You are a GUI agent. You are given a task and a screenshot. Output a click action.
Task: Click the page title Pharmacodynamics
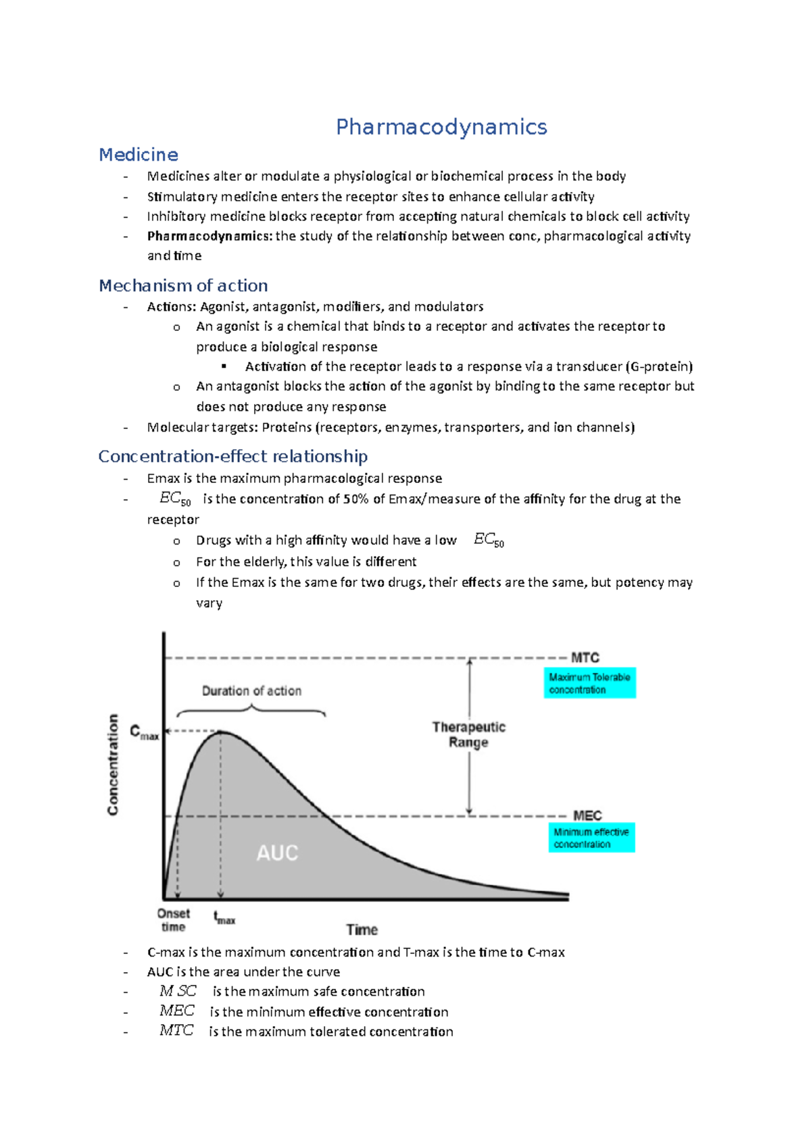click(x=441, y=127)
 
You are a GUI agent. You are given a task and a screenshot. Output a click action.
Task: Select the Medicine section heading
click(x=139, y=155)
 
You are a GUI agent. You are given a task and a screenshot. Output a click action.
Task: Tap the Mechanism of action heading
click(x=183, y=285)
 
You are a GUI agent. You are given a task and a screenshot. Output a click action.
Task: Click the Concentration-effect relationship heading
click(x=233, y=457)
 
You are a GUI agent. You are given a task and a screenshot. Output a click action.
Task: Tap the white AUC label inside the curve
click(x=277, y=852)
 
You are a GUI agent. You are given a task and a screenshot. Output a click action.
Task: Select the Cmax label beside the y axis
click(x=144, y=732)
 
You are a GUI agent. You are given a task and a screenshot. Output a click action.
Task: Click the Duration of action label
click(x=251, y=690)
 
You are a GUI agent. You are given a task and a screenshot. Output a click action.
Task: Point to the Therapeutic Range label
click(x=469, y=734)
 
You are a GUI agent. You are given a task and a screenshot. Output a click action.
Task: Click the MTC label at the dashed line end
click(x=585, y=657)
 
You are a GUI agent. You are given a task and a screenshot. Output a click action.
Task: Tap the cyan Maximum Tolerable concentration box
click(x=589, y=683)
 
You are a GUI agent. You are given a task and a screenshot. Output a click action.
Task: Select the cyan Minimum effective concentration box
click(x=591, y=838)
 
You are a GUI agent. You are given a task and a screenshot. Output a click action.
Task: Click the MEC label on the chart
click(x=587, y=815)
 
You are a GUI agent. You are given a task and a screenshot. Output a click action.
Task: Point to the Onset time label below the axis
click(x=174, y=920)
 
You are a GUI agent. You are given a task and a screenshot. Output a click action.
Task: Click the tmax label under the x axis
click(x=224, y=918)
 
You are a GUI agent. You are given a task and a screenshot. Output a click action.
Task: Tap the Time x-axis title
click(x=362, y=929)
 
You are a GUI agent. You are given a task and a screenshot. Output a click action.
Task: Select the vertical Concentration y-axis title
click(x=113, y=764)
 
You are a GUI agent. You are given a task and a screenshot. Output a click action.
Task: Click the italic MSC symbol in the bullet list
click(x=178, y=991)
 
